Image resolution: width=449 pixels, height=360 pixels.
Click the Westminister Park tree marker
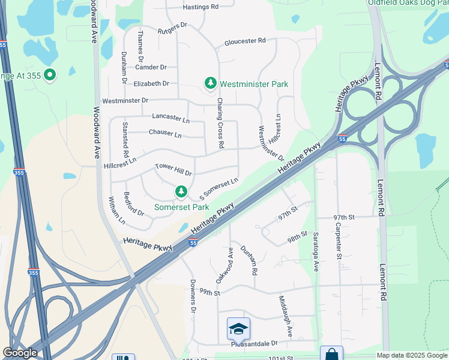click(210, 83)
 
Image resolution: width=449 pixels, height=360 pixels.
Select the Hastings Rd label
click(200, 7)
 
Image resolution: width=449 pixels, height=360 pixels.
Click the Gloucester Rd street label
click(245, 41)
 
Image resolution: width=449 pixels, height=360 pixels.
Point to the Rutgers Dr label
click(173, 28)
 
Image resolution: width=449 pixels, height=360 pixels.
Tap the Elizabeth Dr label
click(151, 83)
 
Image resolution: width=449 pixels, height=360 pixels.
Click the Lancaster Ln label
click(170, 118)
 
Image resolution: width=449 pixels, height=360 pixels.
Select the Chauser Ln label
click(164, 134)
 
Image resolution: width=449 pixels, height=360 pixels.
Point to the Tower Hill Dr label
click(173, 169)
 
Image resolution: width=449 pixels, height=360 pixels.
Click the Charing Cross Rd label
click(220, 123)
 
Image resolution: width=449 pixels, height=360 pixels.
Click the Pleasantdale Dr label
click(255, 344)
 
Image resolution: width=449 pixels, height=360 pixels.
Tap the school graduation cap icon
click(238, 329)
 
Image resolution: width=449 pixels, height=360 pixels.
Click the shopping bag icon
click(331, 355)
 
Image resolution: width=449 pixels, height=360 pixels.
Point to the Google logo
click(20, 353)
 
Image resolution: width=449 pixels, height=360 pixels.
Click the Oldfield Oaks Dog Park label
click(408, 2)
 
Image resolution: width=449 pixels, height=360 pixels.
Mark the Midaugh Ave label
click(286, 315)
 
